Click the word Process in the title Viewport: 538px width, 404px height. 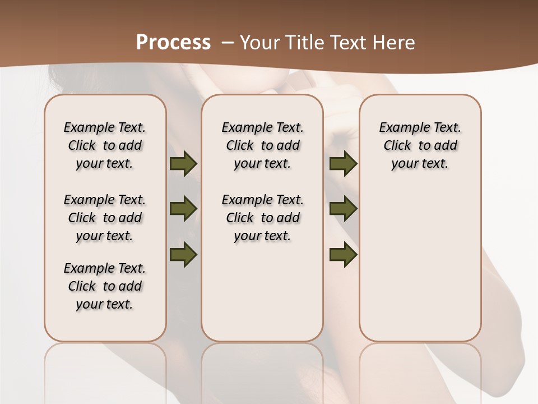click(x=173, y=43)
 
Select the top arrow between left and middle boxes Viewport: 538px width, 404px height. click(x=183, y=163)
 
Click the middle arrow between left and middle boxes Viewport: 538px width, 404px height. click(x=183, y=209)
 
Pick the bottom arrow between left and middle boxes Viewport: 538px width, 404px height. click(x=183, y=254)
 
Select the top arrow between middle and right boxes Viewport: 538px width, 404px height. click(x=343, y=163)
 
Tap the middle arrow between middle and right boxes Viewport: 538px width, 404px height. click(x=343, y=209)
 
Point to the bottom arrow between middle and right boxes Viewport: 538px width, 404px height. click(x=343, y=254)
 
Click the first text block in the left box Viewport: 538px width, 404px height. click(x=105, y=145)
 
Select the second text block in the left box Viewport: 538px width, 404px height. click(x=105, y=218)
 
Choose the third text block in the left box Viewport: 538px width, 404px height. click(x=105, y=286)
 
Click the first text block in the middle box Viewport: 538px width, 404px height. click(x=262, y=145)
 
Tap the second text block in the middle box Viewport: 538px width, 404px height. click(x=262, y=218)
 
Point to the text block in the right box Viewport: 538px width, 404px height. click(x=420, y=145)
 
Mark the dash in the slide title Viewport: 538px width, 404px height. click(x=227, y=43)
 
